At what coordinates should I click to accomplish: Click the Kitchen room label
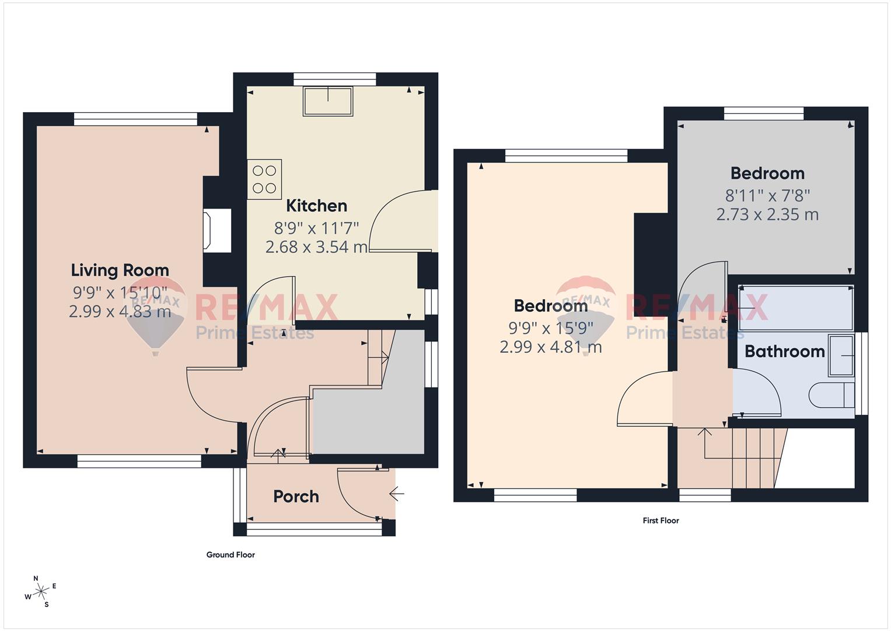[x=317, y=206]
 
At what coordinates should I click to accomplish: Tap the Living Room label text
[x=120, y=271]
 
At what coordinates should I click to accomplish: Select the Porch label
[x=296, y=497]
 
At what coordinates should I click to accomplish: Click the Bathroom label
[x=784, y=351]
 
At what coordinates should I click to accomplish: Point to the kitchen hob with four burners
[x=264, y=179]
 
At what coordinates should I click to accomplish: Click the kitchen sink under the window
[x=328, y=101]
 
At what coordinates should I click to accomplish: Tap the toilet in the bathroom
[x=831, y=395]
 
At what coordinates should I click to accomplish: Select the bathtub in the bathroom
[x=796, y=308]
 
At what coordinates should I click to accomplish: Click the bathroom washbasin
[x=841, y=356]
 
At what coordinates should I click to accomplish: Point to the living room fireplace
[x=217, y=231]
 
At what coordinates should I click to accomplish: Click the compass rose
[x=40, y=591]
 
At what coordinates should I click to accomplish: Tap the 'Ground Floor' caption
[x=230, y=555]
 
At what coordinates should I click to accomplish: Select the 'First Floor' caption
[x=661, y=521]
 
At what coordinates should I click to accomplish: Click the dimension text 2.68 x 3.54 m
[x=317, y=247]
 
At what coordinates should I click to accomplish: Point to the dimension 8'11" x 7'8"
[x=767, y=196]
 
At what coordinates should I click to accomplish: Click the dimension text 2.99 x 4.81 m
[x=551, y=347]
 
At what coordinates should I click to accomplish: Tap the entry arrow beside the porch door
[x=397, y=494]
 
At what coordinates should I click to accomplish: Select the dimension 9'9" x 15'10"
[x=120, y=293]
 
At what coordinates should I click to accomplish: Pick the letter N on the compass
[x=36, y=578]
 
